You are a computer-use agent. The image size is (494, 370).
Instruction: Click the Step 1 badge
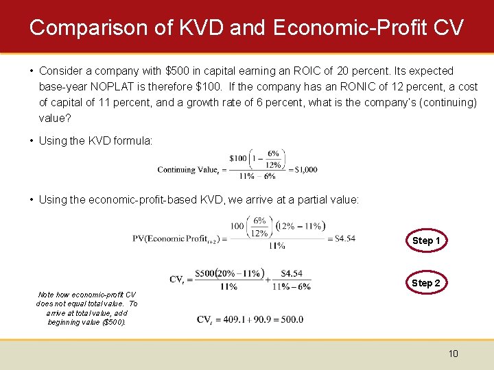coord(426,241)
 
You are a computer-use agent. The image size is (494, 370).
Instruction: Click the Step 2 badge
coord(426,283)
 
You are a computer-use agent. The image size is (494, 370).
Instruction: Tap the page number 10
coord(453,354)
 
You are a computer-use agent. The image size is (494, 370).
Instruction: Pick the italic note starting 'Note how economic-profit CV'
coord(86,308)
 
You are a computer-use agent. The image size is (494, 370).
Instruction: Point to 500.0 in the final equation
coord(291,319)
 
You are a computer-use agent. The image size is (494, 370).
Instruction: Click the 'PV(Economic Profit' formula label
coord(177,238)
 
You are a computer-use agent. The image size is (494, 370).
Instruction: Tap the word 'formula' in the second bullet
coord(134,140)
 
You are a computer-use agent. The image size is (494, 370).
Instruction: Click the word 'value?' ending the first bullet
coord(55,118)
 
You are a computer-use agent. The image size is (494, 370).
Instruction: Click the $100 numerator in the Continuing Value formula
coord(238,158)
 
